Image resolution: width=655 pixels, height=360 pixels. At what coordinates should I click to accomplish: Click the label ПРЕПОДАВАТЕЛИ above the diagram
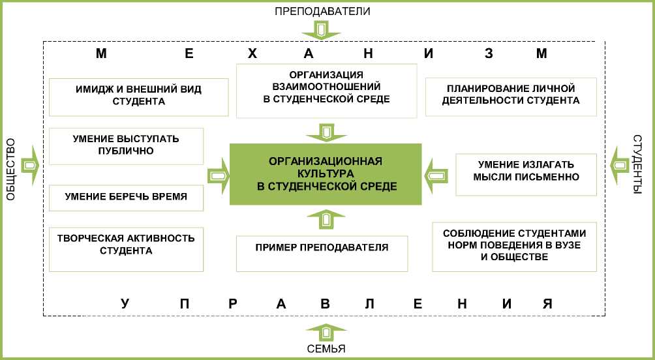coord(322,11)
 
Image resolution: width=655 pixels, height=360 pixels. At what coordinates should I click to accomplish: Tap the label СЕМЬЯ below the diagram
coord(327,348)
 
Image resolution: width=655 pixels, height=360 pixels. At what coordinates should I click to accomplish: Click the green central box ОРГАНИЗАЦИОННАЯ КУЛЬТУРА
coord(326,174)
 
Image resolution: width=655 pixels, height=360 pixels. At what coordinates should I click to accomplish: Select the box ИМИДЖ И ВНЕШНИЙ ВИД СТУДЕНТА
coord(138,97)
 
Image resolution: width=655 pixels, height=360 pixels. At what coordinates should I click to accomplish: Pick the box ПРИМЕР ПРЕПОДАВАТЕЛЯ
coord(322,253)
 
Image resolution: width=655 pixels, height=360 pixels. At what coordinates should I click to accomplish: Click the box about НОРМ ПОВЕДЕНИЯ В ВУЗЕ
coord(514,246)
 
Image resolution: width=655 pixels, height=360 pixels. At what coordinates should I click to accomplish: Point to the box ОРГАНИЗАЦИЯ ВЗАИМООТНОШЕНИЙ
coord(326,90)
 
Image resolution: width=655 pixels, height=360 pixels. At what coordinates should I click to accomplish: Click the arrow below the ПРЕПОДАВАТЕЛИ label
coord(322,29)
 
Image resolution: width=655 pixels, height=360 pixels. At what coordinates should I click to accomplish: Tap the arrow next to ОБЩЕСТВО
coord(30,165)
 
